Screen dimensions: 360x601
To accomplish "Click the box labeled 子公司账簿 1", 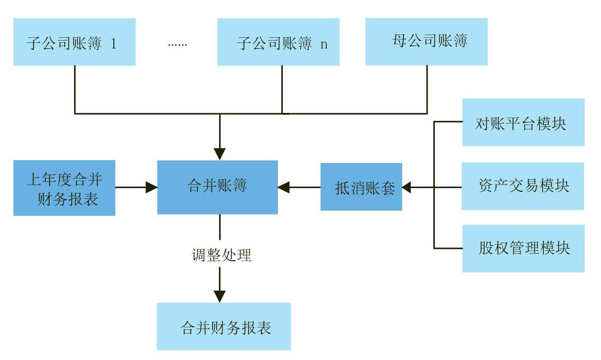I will (x=74, y=42).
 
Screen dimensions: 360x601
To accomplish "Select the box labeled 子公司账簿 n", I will (x=278, y=42).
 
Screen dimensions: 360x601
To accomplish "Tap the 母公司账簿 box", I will (x=426, y=42).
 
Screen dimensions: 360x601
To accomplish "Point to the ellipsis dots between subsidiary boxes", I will (x=178, y=44).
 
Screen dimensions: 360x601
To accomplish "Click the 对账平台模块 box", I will (x=523, y=122).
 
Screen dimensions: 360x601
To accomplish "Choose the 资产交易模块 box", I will (x=523, y=186).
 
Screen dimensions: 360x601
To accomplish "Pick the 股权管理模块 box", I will (x=523, y=249).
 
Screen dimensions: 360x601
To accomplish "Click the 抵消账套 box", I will (x=361, y=187).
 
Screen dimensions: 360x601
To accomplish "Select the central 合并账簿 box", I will (x=218, y=187).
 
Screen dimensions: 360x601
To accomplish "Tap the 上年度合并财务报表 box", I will (x=64, y=188).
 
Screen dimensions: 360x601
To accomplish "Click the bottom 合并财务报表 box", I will (x=223, y=326).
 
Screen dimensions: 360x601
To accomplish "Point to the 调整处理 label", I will (x=221, y=255).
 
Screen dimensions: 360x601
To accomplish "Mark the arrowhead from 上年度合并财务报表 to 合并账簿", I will (x=152, y=187).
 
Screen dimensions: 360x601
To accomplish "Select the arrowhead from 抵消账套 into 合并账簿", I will (x=283, y=187).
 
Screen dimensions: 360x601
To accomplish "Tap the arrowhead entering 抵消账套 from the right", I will (x=407, y=187).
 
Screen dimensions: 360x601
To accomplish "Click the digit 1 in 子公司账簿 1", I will (x=113, y=44).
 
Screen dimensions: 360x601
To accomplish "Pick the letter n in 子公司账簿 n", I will (x=323, y=44).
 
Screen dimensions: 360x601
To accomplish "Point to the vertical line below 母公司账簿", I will (x=427, y=90).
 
